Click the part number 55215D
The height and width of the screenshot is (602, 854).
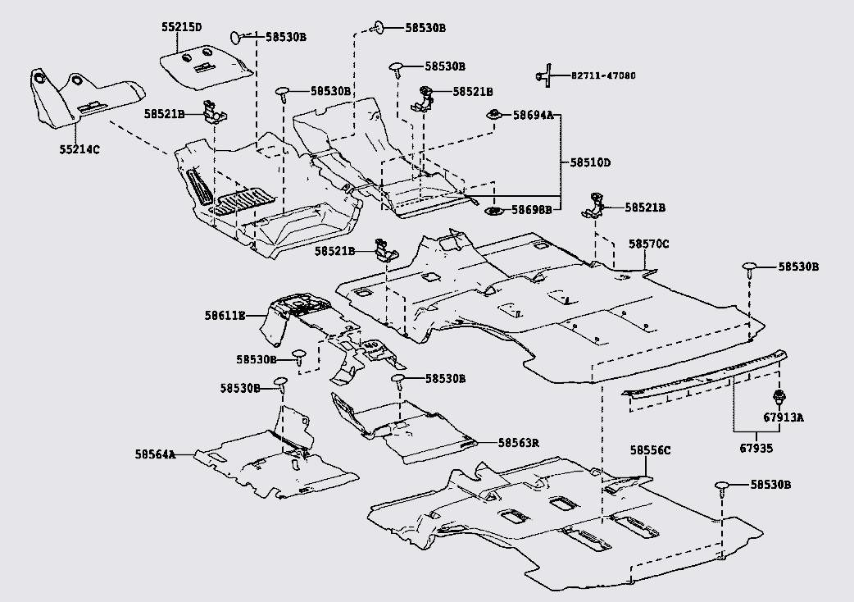181,27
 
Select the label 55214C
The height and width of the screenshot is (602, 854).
79,149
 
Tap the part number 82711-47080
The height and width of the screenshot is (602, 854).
603,75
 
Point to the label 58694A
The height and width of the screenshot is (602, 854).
533,115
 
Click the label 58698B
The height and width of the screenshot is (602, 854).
532,209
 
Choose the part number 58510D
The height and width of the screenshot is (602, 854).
590,162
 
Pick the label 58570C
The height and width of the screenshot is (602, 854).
648,244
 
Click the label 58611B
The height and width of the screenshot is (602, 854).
225,315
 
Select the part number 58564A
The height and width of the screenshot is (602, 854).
155,454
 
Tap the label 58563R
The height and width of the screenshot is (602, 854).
518,443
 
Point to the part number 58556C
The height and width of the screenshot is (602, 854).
650,450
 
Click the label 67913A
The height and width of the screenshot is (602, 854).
784,417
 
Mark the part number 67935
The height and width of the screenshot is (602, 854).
756,449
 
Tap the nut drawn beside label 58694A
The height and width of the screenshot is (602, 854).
494,115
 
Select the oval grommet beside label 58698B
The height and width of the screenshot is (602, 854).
493,210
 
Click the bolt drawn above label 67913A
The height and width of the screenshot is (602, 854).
779,397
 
